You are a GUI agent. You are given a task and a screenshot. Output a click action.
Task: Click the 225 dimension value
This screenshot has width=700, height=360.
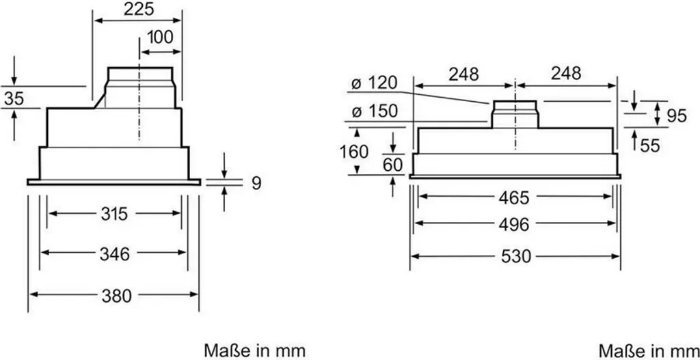pyautogui.click(x=138, y=9)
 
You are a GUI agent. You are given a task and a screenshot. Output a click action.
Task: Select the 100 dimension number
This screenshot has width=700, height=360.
pyautogui.click(x=160, y=38)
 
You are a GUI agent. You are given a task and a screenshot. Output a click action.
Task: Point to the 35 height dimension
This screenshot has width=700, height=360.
pyautogui.click(x=13, y=98)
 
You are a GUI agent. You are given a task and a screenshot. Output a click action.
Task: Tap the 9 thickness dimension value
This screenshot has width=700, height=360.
pyautogui.click(x=255, y=182)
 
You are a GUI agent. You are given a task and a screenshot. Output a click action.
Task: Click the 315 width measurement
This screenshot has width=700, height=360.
pyautogui.click(x=114, y=214)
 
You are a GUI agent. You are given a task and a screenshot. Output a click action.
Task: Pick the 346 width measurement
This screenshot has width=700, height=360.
pyautogui.click(x=114, y=254)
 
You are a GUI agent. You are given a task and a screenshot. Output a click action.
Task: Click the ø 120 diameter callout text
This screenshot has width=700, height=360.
pyautogui.click(x=374, y=83)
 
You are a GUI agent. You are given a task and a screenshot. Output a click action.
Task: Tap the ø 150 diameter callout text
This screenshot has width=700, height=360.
pyautogui.click(x=374, y=111)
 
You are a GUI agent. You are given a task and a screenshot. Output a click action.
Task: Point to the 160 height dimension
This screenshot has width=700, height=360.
pyautogui.click(x=354, y=151)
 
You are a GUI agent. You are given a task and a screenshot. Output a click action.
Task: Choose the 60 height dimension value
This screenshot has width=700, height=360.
pyautogui.click(x=392, y=165)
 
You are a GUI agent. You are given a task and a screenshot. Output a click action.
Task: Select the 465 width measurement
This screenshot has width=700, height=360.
pyautogui.click(x=514, y=197)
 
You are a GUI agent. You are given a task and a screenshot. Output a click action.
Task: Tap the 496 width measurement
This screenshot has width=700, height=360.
pyautogui.click(x=514, y=224)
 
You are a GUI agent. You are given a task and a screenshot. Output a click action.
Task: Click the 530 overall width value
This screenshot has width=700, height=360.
pyautogui.click(x=514, y=257)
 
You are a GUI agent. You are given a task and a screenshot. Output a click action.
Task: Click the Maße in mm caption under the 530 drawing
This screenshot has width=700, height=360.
pyautogui.click(x=648, y=350)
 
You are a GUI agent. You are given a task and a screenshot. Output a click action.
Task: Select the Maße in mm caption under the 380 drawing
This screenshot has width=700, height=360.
pyautogui.click(x=253, y=350)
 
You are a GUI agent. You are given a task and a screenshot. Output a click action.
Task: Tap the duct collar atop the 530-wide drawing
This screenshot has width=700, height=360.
pyautogui.click(x=514, y=113)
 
